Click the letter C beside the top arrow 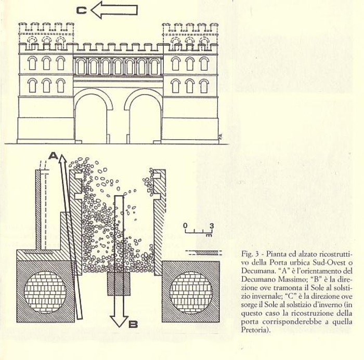(x=82, y=10)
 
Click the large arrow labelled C (x=114, y=10)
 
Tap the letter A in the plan (x=53, y=156)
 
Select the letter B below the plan (x=133, y=324)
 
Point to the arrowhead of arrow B (x=119, y=321)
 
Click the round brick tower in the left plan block (x=45, y=292)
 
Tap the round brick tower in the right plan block (x=191, y=292)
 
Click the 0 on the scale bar (x=185, y=225)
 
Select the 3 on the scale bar (x=212, y=225)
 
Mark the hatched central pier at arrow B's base (x=119, y=284)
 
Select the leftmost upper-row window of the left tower (x=32, y=63)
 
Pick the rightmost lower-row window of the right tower (x=204, y=86)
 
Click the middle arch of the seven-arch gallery (x=118, y=66)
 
